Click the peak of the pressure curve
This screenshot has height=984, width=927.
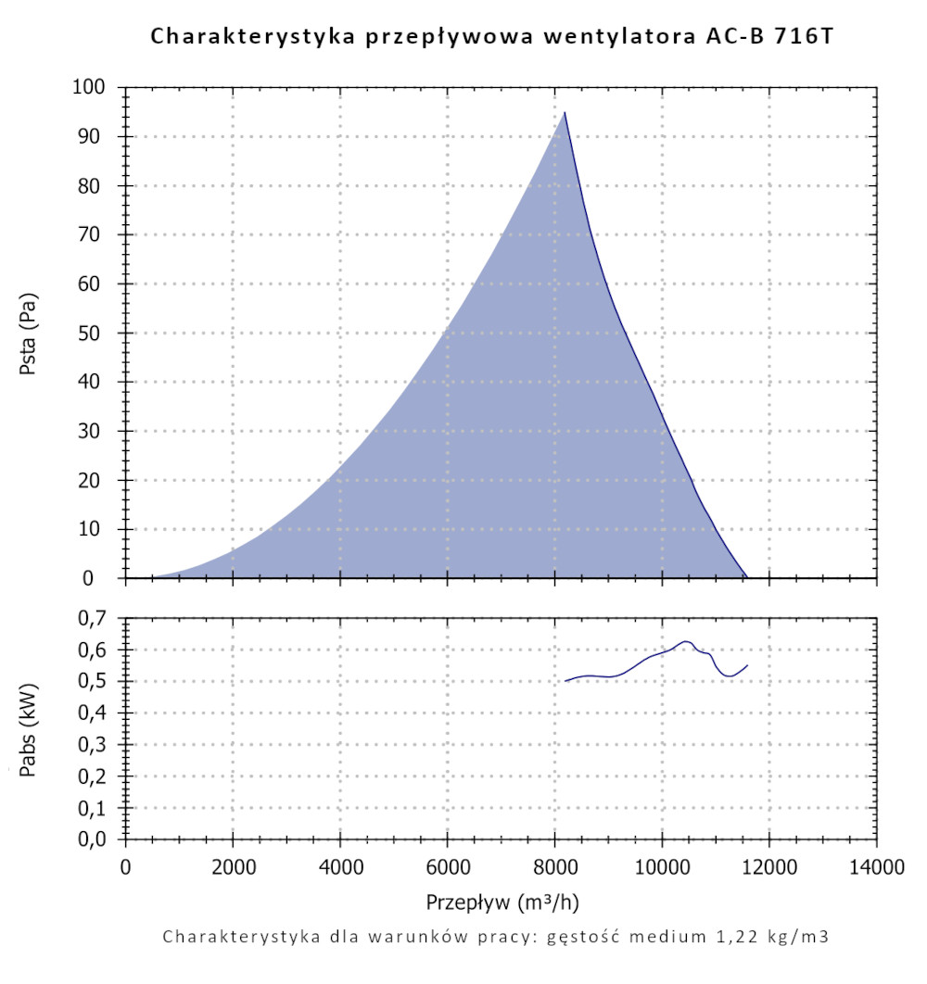point(564,113)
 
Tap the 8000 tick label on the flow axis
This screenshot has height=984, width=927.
point(554,867)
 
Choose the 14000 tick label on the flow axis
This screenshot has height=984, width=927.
point(876,867)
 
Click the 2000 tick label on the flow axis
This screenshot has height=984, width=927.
point(233,867)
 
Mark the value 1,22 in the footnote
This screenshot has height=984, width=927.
point(723,936)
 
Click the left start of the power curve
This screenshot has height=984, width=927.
point(565,681)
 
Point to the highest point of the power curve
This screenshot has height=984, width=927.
point(685,640)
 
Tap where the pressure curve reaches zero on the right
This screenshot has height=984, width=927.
point(746,577)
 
